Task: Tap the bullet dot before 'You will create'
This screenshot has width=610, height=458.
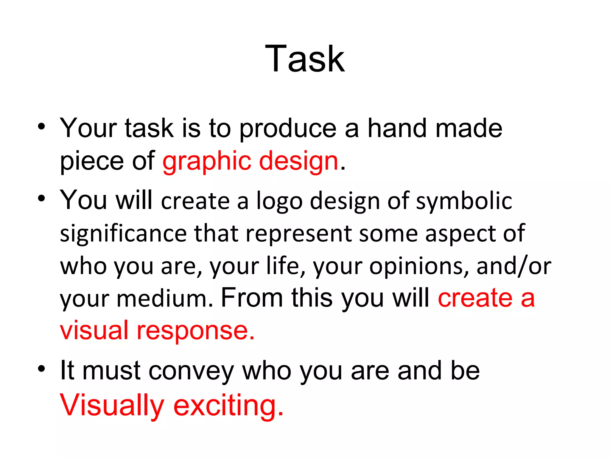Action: click(x=41, y=198)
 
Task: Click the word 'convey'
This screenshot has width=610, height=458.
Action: click(x=191, y=372)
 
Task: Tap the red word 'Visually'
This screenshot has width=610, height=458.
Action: click(x=112, y=406)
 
